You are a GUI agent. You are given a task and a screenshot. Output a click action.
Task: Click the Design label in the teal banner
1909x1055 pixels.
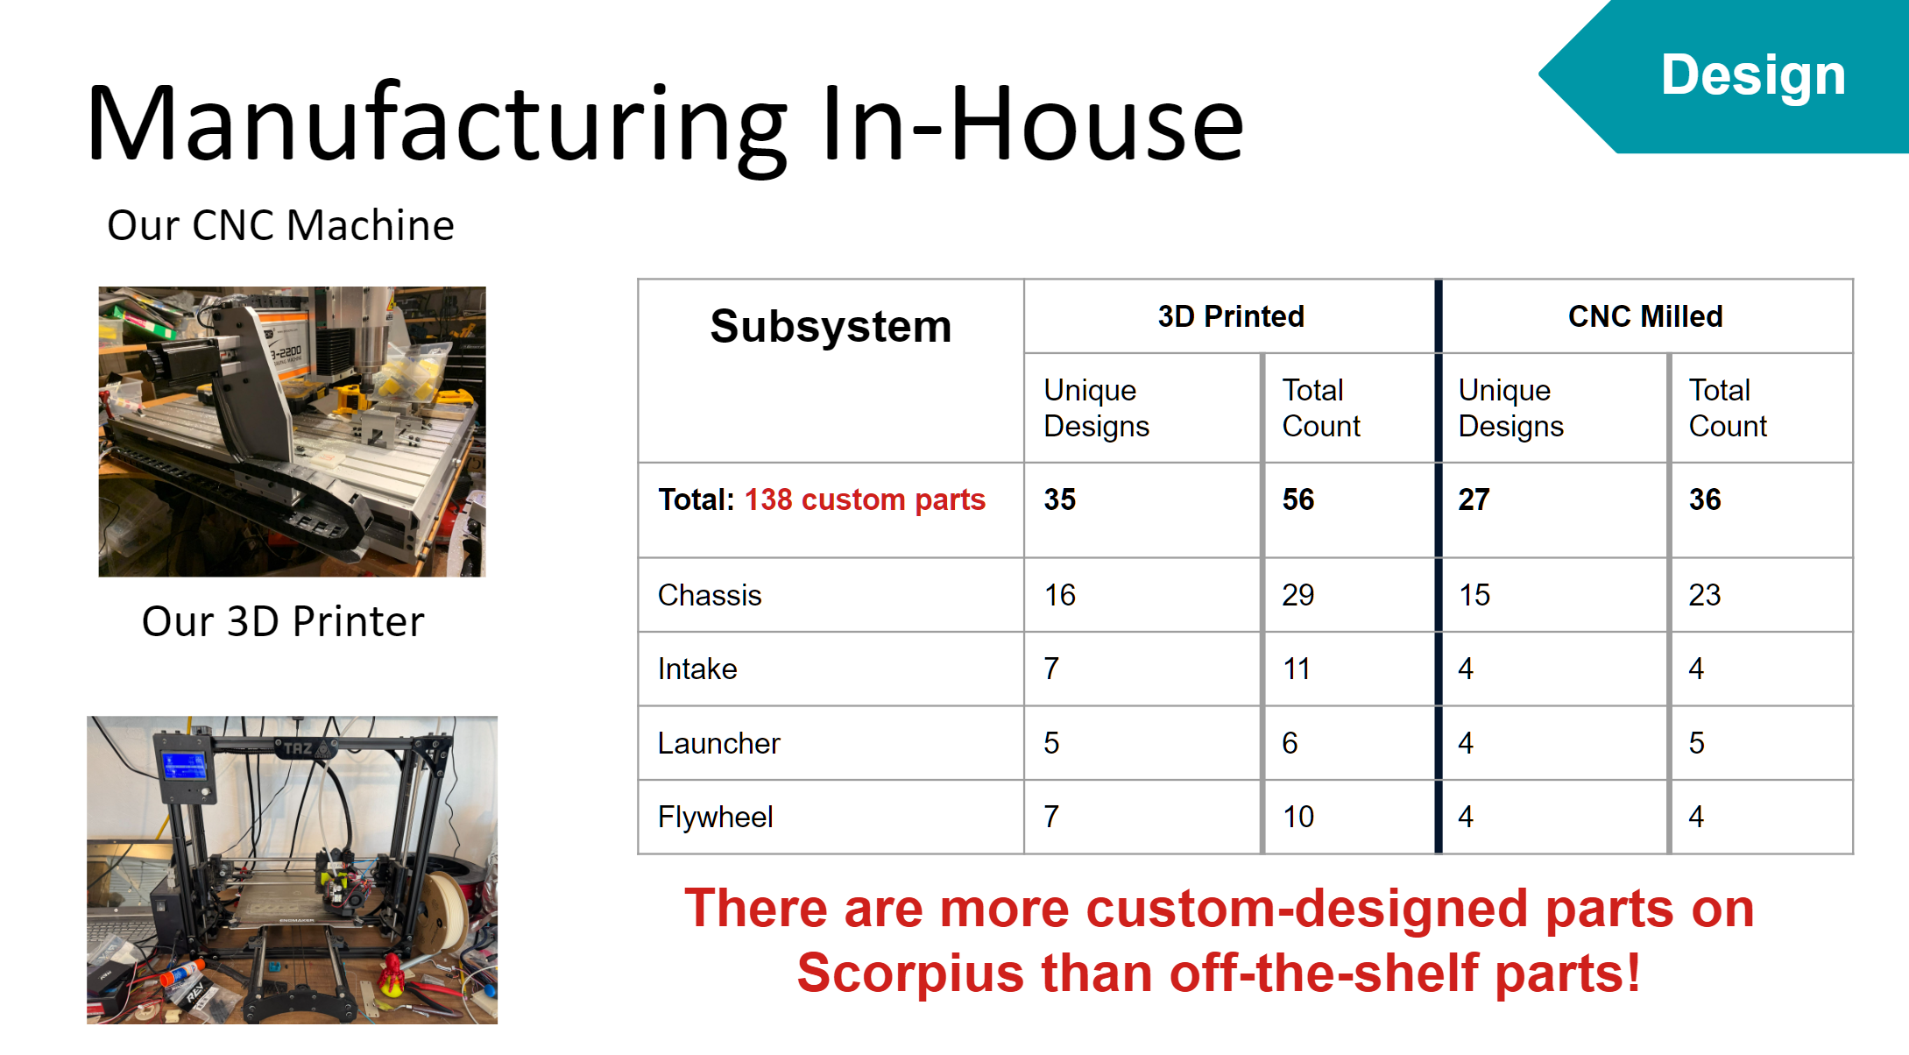click(x=1753, y=75)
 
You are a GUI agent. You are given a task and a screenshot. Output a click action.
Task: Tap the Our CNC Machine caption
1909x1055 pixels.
click(x=280, y=226)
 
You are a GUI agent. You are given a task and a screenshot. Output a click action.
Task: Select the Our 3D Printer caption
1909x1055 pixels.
click(x=283, y=622)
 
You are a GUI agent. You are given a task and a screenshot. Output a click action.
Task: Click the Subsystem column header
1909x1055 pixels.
click(x=831, y=327)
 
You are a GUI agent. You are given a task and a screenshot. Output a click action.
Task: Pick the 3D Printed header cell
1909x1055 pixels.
click(x=1230, y=316)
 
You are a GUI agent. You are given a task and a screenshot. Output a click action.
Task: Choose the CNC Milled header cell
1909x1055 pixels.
click(x=1644, y=316)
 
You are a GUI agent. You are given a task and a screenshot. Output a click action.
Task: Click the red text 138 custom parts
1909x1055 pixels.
click(x=865, y=500)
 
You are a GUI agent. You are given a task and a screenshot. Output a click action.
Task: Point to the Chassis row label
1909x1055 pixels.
click(x=710, y=596)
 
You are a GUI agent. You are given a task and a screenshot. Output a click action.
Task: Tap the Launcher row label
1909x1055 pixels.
click(x=718, y=744)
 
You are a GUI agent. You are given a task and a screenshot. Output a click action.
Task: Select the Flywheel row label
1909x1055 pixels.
click(x=715, y=818)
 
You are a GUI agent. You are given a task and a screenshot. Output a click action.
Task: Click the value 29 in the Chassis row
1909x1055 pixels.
click(x=1297, y=596)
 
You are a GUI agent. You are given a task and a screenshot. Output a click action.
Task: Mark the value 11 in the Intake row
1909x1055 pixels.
click(x=1296, y=669)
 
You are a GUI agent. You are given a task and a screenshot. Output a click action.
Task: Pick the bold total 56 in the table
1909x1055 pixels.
click(x=1297, y=500)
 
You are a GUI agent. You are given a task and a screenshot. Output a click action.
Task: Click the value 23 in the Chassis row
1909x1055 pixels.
click(x=1704, y=596)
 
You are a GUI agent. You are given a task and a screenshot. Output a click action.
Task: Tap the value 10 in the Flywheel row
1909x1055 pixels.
click(x=1297, y=818)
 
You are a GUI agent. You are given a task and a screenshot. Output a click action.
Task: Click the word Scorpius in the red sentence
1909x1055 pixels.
click(x=910, y=974)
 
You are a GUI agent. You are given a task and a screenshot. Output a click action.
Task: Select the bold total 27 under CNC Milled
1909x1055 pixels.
click(x=1474, y=500)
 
